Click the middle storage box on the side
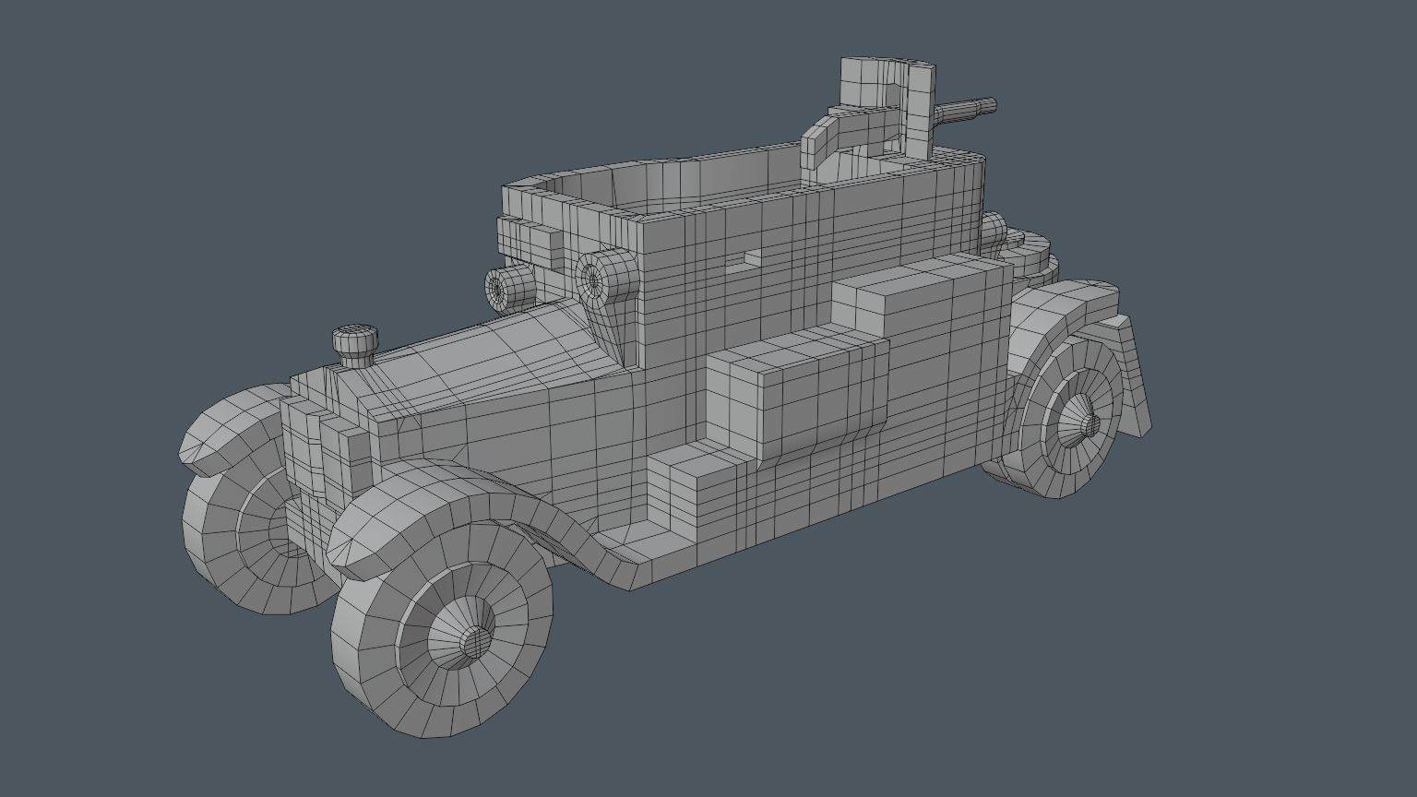click(793, 387)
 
